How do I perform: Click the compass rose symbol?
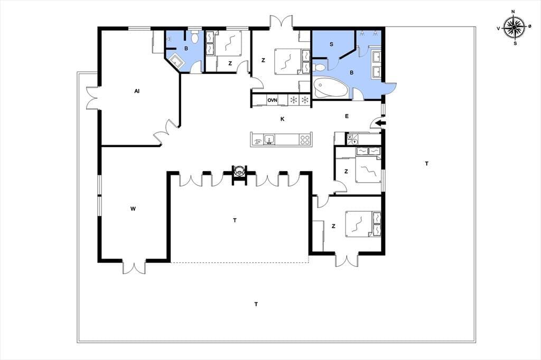[x=514, y=27]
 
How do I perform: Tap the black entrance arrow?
[x=380, y=123]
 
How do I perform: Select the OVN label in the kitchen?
[x=272, y=100]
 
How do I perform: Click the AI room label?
[x=137, y=91]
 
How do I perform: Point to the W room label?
[x=133, y=209]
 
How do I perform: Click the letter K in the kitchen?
[x=283, y=119]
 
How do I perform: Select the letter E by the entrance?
[x=347, y=116]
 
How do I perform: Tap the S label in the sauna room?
[x=332, y=44]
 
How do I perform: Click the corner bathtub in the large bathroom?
[x=330, y=88]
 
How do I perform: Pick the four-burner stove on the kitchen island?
[x=305, y=140]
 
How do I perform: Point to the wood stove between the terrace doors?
[x=239, y=172]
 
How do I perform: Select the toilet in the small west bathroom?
[x=194, y=37]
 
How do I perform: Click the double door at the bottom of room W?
[x=134, y=267]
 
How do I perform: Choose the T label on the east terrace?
[x=427, y=164]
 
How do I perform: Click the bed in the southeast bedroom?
[x=363, y=224]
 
